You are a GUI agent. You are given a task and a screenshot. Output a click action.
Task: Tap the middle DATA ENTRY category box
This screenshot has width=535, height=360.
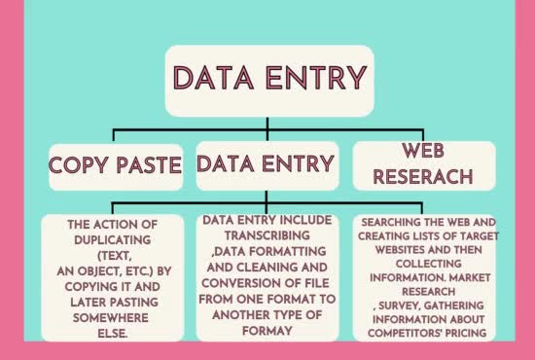click(267, 163)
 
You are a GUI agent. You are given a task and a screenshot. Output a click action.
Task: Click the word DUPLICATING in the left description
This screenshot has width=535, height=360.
click(108, 237)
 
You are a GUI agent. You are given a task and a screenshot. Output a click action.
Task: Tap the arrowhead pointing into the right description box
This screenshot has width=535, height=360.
click(423, 210)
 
